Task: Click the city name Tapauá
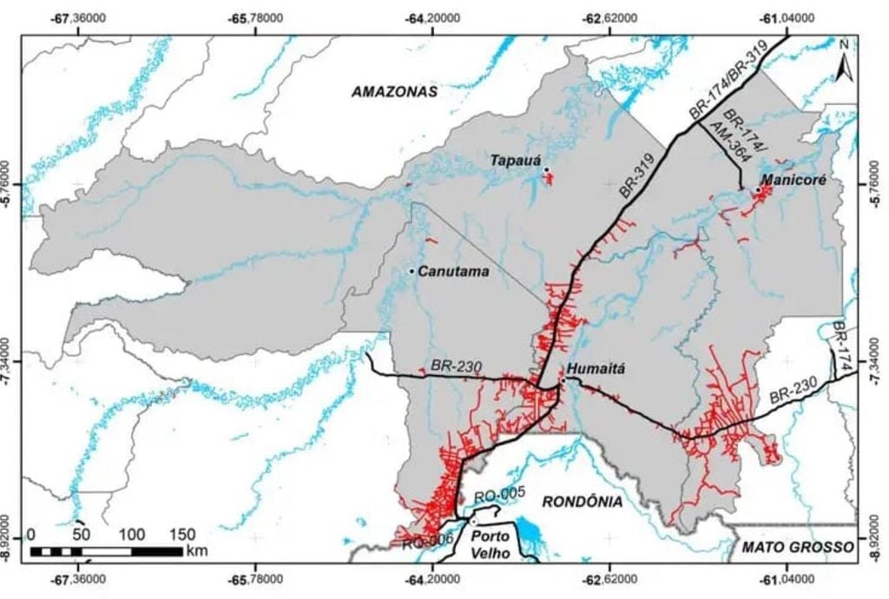(516, 160)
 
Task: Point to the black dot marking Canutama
(412, 271)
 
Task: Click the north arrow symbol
(842, 63)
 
